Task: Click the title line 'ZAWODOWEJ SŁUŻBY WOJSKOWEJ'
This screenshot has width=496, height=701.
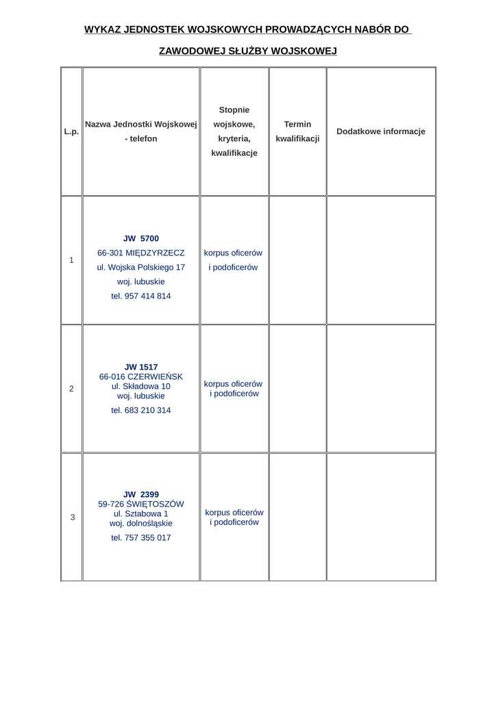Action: pos(248,51)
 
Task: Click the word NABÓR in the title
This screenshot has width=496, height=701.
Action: pos(369,29)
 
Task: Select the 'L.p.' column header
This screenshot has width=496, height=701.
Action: pos(71,131)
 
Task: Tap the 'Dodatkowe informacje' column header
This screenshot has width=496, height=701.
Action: pos(381,131)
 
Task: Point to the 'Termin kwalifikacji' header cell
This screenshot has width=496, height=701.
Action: pos(297,131)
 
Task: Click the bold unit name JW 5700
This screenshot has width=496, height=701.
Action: pos(141,239)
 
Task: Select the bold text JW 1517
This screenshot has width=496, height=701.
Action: pos(141,367)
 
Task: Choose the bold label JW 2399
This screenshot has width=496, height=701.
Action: pos(141,494)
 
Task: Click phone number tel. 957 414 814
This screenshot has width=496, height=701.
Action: pos(141,296)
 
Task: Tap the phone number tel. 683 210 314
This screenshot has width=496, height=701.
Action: pos(141,411)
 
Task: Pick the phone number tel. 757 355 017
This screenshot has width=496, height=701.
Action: pos(141,538)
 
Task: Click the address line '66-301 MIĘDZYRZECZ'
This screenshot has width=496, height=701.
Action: pos(141,253)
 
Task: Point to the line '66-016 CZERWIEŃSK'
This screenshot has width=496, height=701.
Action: pos(141,377)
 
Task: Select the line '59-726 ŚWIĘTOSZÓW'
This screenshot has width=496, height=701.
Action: pos(141,504)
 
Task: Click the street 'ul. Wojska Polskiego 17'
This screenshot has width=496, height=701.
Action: pos(141,268)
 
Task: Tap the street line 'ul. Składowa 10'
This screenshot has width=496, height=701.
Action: pos(141,386)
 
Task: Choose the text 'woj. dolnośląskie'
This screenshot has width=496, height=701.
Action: pos(141,523)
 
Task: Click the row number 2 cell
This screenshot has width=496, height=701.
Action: pos(71,389)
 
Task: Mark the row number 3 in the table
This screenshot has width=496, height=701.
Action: pos(72,518)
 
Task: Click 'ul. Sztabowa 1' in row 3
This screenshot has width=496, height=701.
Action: pos(141,513)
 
